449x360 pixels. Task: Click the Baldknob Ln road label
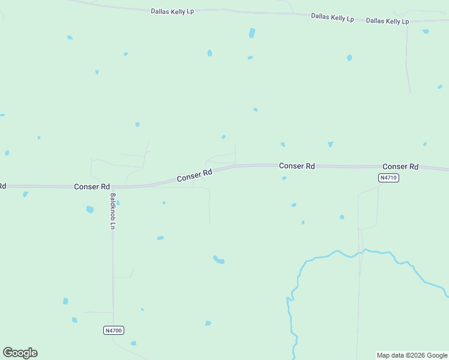(112, 211)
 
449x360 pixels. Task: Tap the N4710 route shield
(389, 178)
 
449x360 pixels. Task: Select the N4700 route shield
(113, 331)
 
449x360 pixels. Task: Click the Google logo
(20, 353)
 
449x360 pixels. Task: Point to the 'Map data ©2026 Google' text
(412, 355)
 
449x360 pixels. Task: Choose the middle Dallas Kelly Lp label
(332, 17)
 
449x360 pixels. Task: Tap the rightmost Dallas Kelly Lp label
(387, 21)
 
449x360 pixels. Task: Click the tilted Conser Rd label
(194, 176)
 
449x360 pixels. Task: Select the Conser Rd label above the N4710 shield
(400, 166)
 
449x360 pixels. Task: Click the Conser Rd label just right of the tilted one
(297, 166)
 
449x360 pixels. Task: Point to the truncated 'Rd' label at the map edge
(2, 186)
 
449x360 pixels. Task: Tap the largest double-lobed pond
(219, 260)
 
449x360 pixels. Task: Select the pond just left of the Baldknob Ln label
(90, 209)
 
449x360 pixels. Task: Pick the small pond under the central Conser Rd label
(284, 178)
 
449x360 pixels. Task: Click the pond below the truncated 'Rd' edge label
(25, 194)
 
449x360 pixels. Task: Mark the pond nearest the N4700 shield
(133, 343)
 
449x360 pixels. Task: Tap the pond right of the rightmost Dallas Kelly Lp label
(426, 31)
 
